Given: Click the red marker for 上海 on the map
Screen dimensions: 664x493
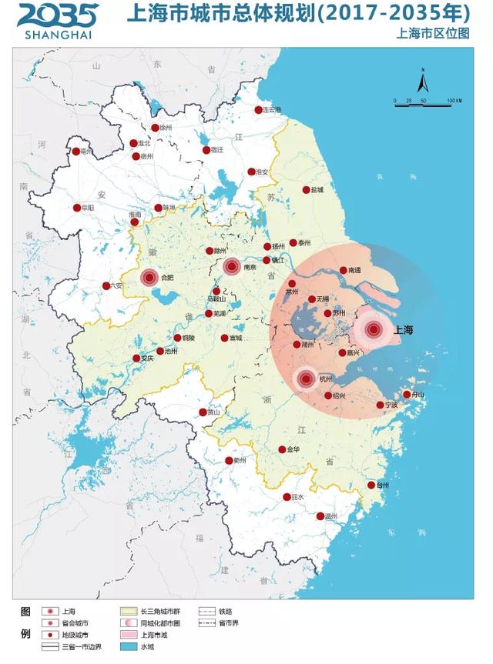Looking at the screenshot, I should tap(374, 330).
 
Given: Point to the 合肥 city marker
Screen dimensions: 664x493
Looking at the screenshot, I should tap(149, 278).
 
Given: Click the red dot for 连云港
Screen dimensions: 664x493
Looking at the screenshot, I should tap(259, 110).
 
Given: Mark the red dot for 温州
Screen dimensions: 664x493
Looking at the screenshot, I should tap(320, 516).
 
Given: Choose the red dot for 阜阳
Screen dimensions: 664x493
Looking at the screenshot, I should tap(77, 208).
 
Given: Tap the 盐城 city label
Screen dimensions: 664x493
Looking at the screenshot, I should tap(317, 190).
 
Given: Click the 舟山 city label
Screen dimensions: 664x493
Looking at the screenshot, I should tap(418, 395).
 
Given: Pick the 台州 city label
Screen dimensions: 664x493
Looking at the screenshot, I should tap(383, 485).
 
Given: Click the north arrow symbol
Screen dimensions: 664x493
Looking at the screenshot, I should tap(423, 81).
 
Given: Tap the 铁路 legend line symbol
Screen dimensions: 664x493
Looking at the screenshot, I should tap(206, 610).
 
